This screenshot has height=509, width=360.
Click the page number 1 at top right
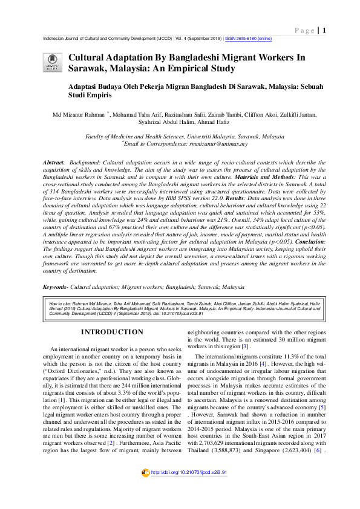pyautogui.click(x=325, y=30)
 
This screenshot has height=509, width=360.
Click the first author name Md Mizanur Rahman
pyautogui.click(x=79, y=114)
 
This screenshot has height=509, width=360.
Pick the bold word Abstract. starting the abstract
pyautogui.click(x=53, y=164)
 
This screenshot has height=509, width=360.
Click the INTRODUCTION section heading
pyautogui.click(x=113, y=332)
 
